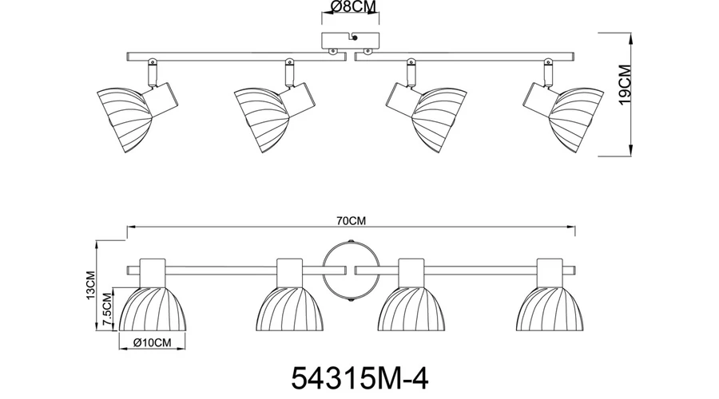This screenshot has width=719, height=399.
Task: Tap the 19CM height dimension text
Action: pos(625,85)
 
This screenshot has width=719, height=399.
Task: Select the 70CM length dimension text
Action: pos(352,221)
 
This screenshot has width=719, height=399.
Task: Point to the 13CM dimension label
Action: pos(90,286)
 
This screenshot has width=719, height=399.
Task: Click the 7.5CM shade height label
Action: pos(107,310)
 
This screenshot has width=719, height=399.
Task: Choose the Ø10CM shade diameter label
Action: pos(153,342)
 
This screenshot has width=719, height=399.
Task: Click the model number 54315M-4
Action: pos(360,378)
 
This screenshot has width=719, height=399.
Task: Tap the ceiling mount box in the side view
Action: pos(351,41)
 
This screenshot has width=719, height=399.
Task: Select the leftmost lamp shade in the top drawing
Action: pos(124,119)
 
